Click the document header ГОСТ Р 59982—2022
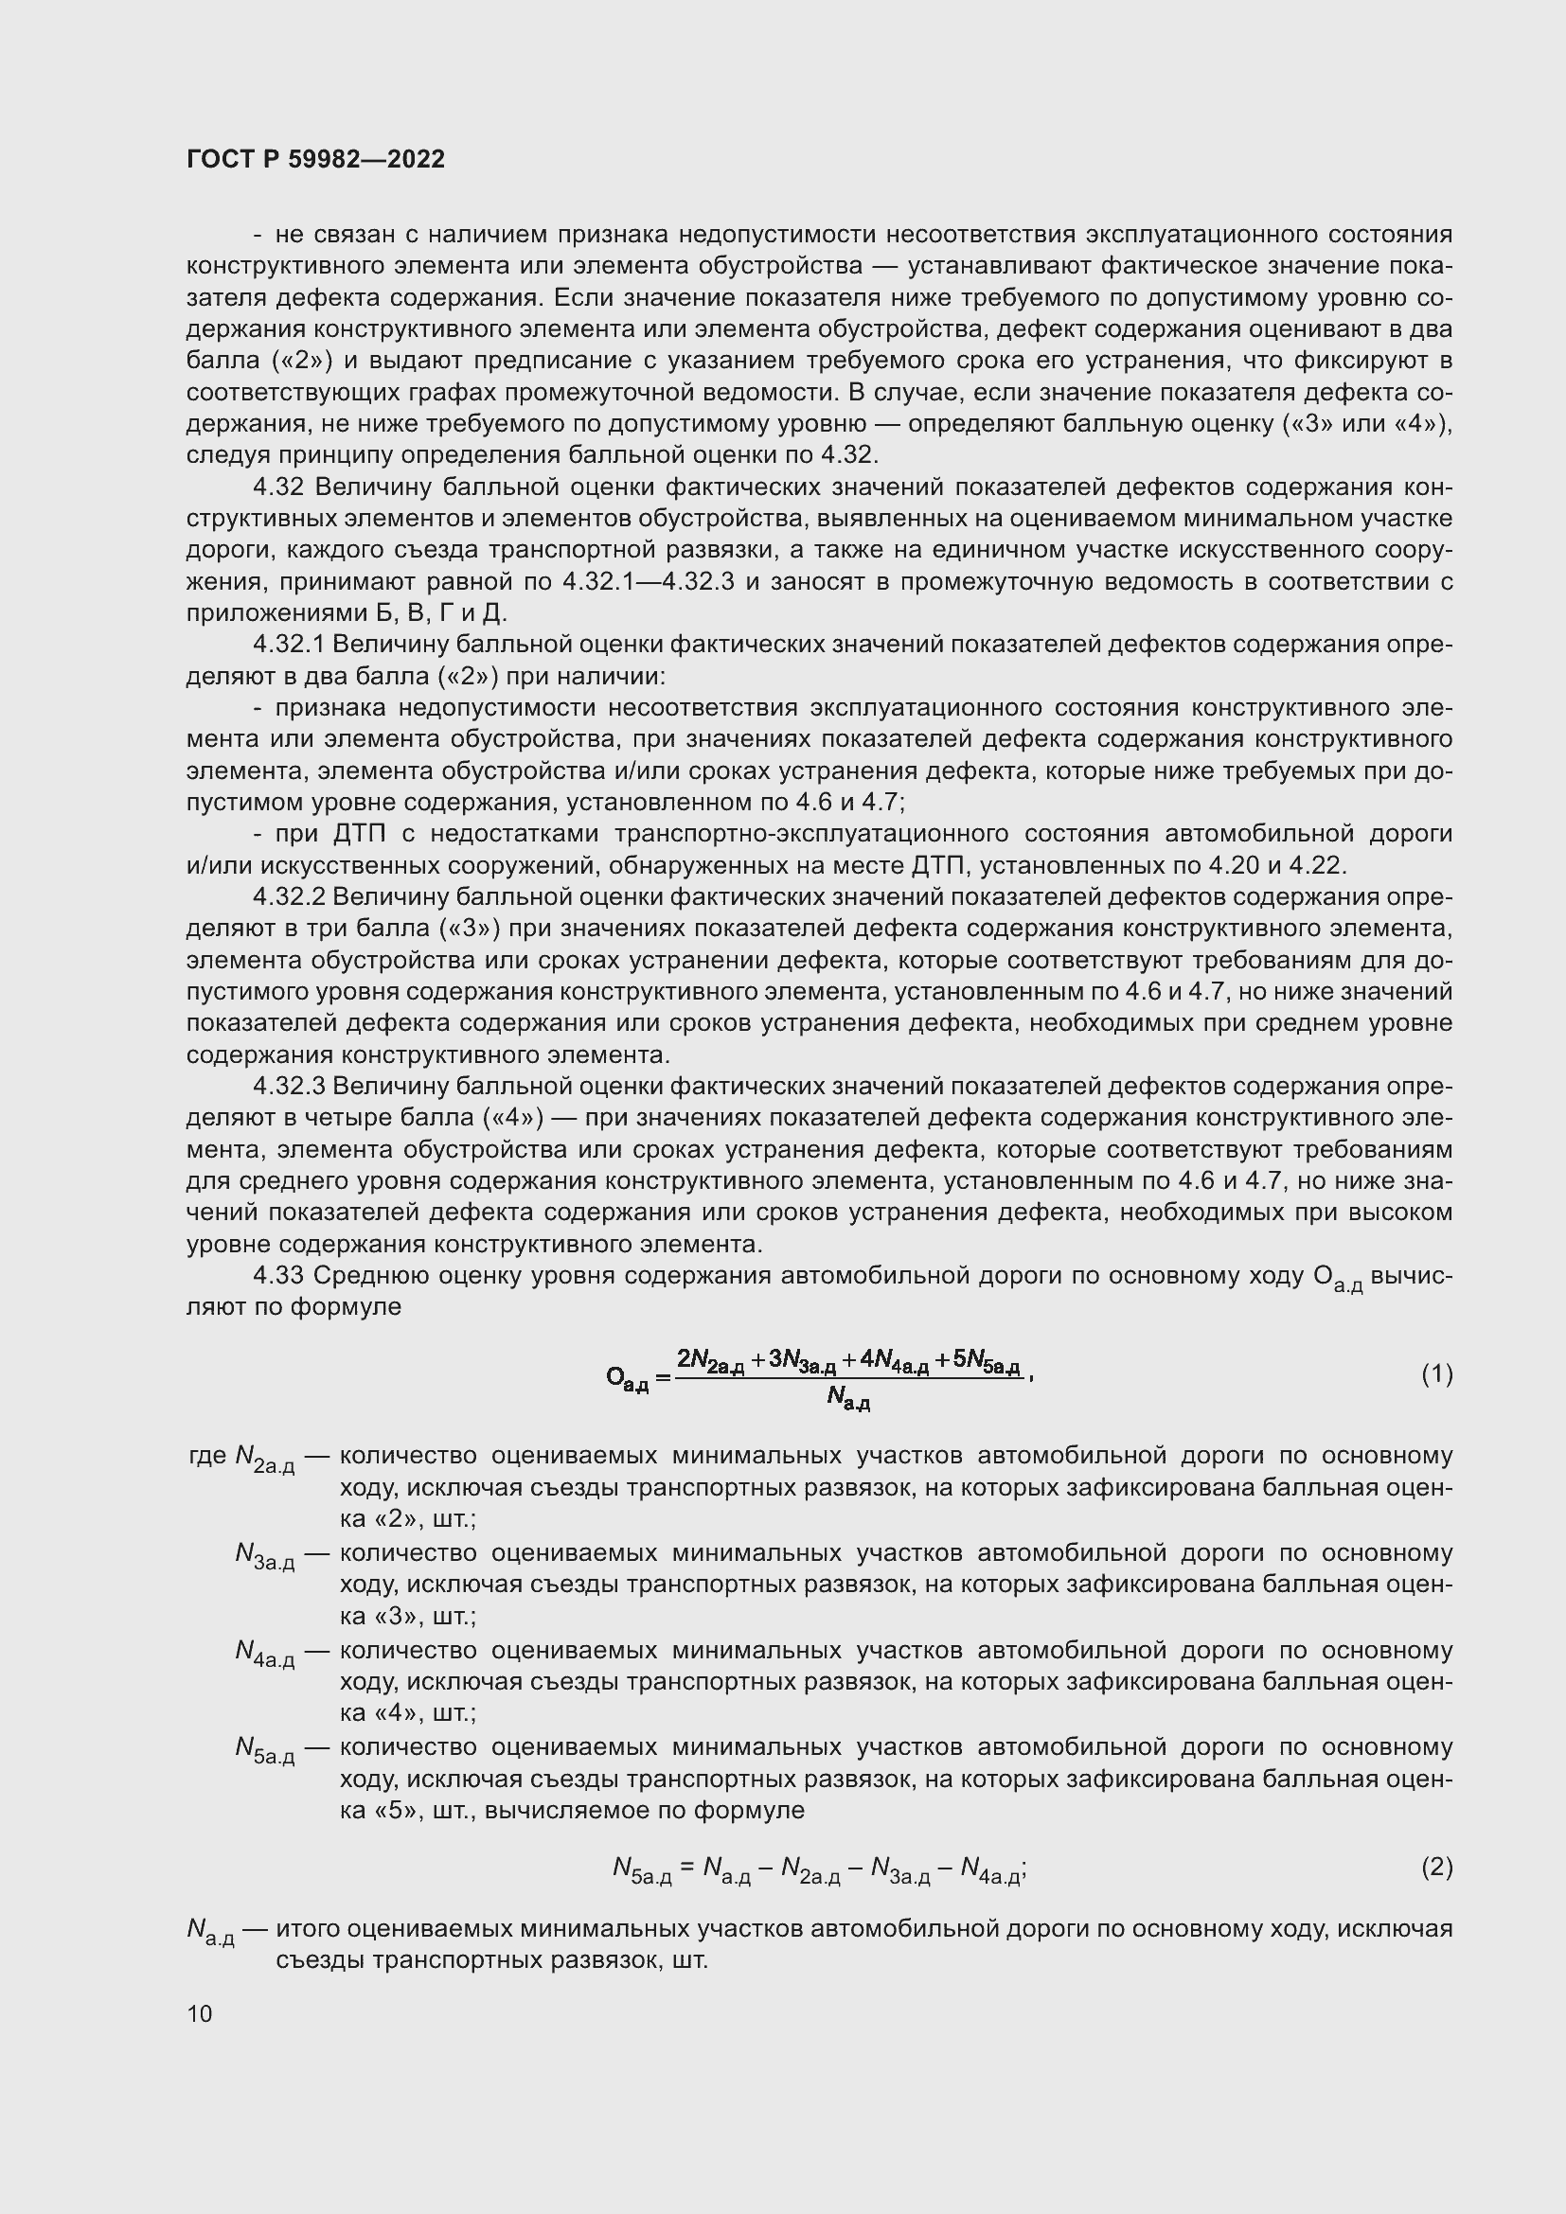(x=315, y=159)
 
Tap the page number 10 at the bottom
(x=200, y=2013)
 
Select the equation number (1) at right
(x=1437, y=1374)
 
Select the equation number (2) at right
(x=1437, y=1868)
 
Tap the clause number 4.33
(x=278, y=1276)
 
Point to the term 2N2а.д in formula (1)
(x=711, y=1360)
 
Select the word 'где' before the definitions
(x=207, y=1455)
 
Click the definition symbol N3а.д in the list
(x=264, y=1554)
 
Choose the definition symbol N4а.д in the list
(x=264, y=1652)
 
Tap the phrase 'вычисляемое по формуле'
(x=644, y=1810)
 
